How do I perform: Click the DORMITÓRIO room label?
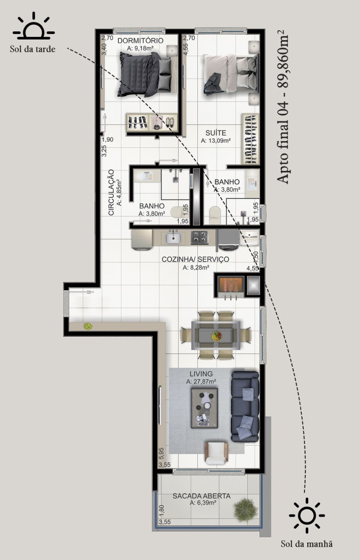coord(140,40)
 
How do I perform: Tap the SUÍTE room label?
coord(215,133)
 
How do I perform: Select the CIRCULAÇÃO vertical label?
coord(111,192)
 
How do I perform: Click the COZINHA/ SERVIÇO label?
coord(195,259)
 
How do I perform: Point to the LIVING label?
coord(201,374)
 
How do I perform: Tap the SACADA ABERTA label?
coord(201,496)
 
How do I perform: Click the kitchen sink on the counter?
coord(173,237)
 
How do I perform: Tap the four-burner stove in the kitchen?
coord(199,237)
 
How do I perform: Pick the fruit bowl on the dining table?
coord(216,336)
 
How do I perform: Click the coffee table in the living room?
coord(204,408)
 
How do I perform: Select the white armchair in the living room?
coord(216,453)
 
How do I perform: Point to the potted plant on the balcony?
coord(246,509)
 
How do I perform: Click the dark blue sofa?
coord(245,407)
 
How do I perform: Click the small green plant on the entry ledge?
coord(88,326)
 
